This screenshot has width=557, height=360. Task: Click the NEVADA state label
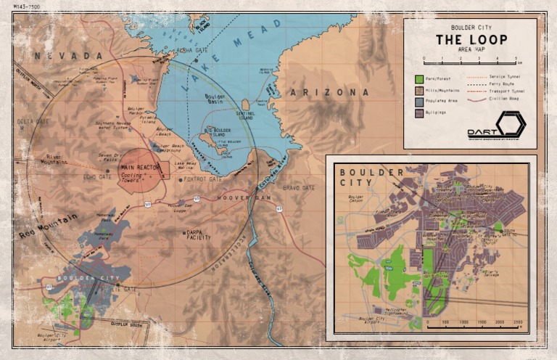point(67,56)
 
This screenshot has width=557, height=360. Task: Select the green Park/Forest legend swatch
point(418,78)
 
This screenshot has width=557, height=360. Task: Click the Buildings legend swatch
point(418,113)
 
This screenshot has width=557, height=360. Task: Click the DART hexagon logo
point(511,125)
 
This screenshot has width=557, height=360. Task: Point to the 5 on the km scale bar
point(516,58)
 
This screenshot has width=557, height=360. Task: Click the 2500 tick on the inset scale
point(518,322)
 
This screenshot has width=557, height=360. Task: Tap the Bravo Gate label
point(299,188)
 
